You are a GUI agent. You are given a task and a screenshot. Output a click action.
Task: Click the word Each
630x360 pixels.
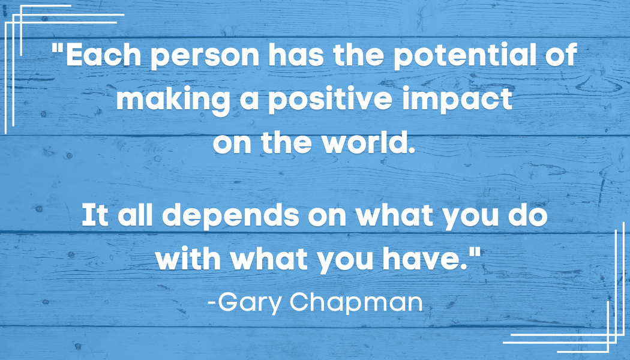coord(104,55)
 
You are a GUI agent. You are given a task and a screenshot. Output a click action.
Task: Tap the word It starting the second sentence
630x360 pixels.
coord(95,215)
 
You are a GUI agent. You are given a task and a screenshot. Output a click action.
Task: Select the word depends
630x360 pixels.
coord(230,217)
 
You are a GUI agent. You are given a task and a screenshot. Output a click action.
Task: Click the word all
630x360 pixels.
coord(136,215)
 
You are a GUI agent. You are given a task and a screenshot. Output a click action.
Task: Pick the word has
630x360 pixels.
coord(296,55)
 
